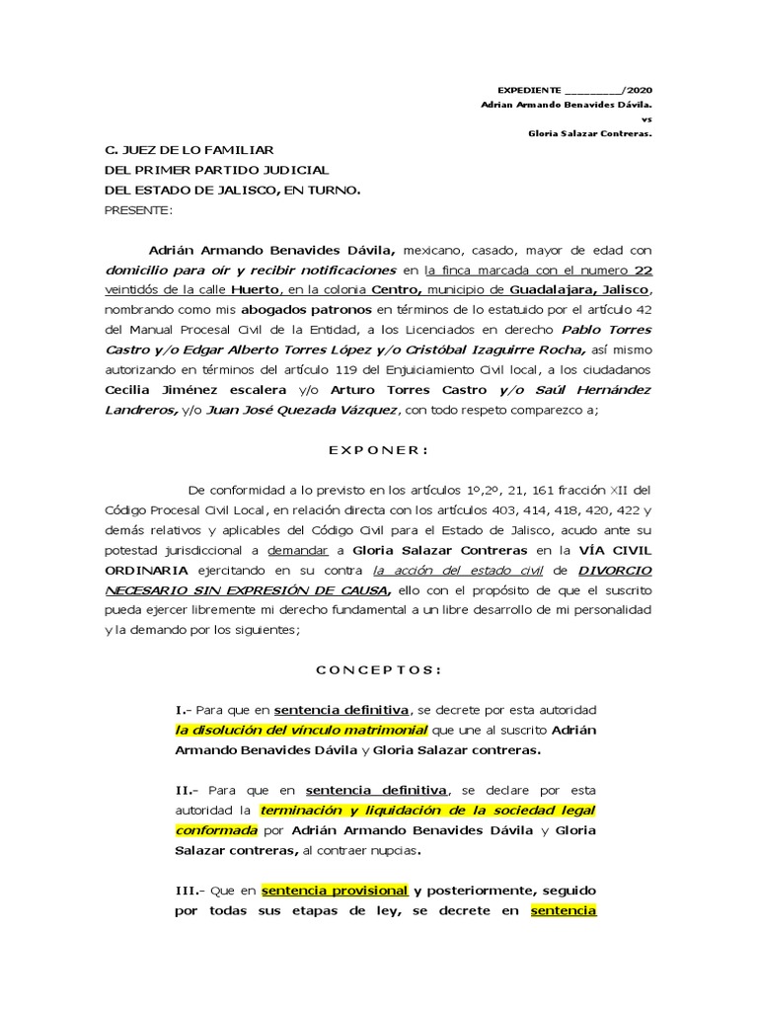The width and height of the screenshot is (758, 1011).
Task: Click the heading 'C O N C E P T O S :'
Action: [378, 669]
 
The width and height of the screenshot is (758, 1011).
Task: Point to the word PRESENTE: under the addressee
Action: [138, 209]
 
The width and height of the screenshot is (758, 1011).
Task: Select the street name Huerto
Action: [255, 290]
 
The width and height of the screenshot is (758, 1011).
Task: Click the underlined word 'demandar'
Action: [296, 550]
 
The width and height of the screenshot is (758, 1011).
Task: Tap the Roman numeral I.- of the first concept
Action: [184, 710]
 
